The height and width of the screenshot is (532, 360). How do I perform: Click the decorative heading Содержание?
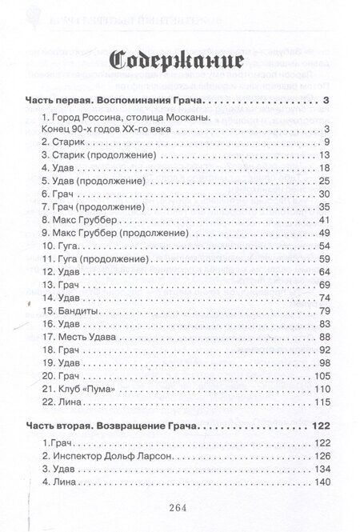(179, 61)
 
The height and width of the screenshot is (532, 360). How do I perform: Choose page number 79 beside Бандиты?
(325, 310)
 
